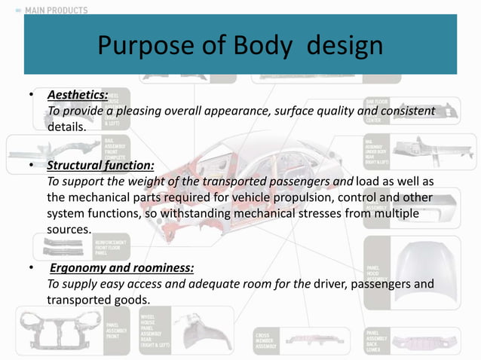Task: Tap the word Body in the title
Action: (x=259, y=47)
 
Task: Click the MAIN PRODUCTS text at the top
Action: (x=56, y=11)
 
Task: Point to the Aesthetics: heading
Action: (x=78, y=95)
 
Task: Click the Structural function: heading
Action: (x=100, y=165)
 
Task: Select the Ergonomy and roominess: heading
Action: (x=121, y=267)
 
